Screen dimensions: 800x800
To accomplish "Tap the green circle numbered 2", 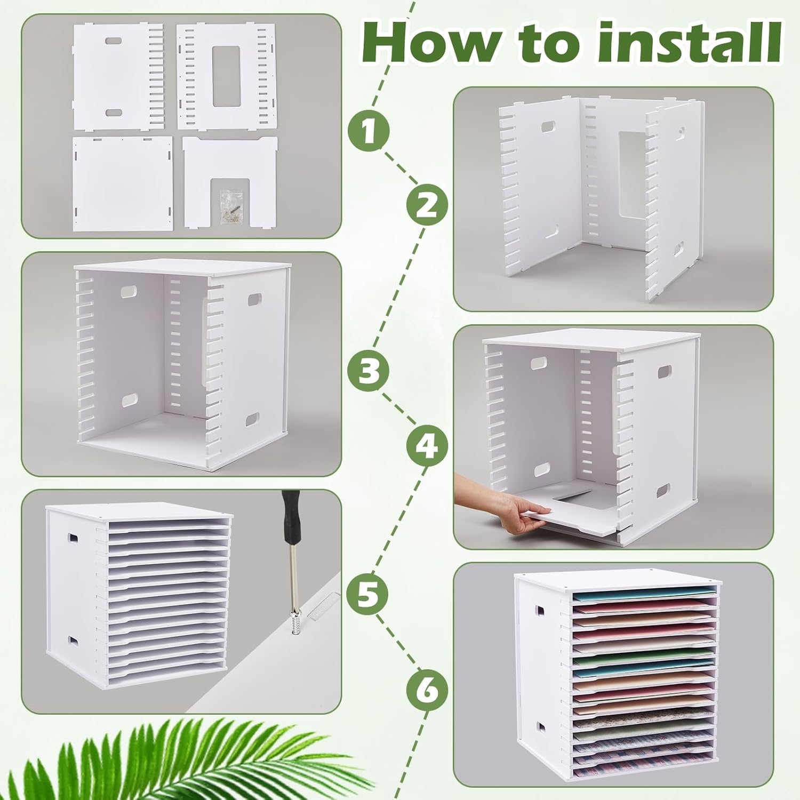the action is click(x=427, y=205).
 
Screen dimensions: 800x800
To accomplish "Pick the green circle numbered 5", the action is click(x=368, y=594).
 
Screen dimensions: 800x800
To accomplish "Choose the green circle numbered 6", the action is click(x=427, y=692).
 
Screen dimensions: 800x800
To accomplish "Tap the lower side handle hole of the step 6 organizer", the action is click(x=542, y=726).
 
